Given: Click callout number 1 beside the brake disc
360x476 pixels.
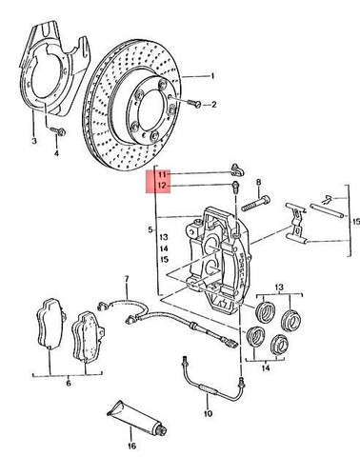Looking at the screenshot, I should tap(213, 75).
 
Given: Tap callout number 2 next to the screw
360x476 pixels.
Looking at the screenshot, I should tap(214, 105).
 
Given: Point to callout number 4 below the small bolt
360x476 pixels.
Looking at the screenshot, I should tap(55, 152).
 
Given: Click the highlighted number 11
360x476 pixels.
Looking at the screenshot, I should tap(163, 174).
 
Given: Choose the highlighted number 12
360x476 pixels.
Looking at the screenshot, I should tap(163, 188).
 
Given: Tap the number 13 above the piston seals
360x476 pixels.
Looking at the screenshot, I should tap(279, 288).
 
